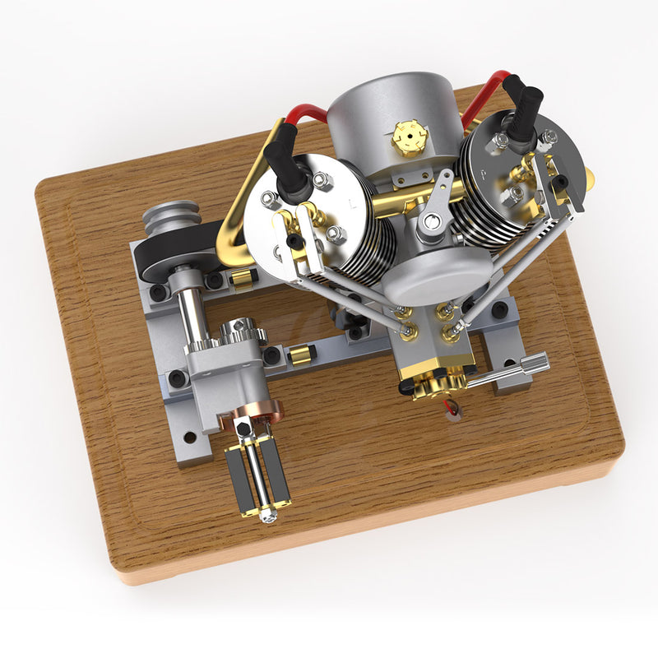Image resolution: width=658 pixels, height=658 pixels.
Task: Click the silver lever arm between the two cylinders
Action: (x=434, y=210)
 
